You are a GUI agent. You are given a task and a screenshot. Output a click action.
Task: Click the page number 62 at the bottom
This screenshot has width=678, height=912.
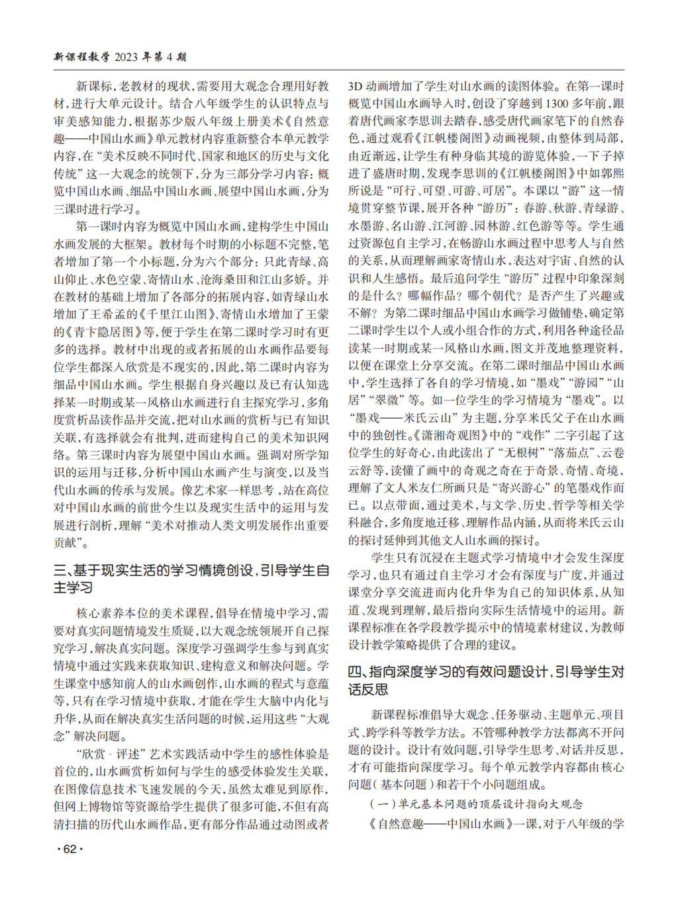[70, 849]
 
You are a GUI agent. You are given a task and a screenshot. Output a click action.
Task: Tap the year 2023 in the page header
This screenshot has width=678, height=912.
[126, 57]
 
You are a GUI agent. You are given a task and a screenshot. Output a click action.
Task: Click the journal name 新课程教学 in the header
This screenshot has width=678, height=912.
[81, 57]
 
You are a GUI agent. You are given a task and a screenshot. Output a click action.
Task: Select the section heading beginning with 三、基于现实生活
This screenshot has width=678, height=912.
[191, 579]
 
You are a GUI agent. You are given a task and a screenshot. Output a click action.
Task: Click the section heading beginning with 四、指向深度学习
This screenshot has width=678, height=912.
[486, 681]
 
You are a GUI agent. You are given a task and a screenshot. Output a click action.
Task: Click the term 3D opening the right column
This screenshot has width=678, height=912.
[356, 86]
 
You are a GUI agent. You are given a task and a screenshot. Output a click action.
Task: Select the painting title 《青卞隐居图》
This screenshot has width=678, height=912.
[95, 332]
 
